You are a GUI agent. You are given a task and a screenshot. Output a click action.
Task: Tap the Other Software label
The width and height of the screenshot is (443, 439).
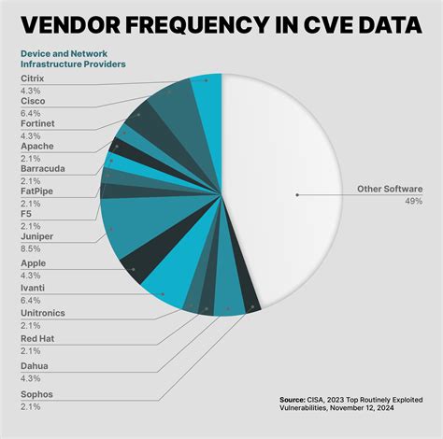coord(390,189)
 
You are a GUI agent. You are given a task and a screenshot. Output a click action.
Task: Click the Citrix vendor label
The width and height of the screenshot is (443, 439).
coord(32,78)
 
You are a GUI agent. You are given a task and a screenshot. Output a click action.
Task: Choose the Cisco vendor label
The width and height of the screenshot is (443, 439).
coord(33,101)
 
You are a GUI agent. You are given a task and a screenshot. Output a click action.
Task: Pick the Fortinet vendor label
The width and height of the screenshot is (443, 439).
coord(38,123)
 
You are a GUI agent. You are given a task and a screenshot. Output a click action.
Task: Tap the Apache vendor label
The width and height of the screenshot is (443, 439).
coord(36,147)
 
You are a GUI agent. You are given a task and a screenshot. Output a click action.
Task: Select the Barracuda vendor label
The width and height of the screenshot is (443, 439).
coord(44,168)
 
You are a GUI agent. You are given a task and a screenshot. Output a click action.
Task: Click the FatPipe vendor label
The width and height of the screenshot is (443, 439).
coord(38,191)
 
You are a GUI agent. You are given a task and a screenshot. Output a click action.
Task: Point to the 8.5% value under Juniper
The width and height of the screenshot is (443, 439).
coord(30,248)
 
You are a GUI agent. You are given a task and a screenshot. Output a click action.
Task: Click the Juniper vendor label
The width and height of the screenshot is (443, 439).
coord(36,236)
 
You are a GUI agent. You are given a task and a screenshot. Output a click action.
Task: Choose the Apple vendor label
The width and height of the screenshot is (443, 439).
coord(33,263)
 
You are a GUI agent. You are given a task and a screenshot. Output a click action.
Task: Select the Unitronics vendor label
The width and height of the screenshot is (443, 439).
coord(44,313)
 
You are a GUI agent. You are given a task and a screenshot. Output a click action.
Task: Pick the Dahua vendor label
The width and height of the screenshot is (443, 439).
coord(35,365)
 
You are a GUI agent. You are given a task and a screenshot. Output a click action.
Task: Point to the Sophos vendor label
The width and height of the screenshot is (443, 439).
coord(36,394)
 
